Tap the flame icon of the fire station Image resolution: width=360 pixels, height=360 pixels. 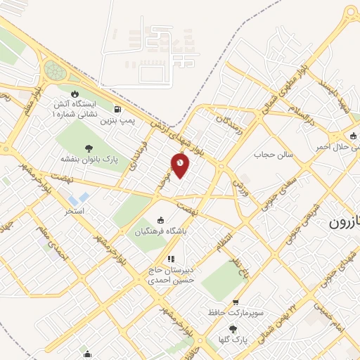(75, 94)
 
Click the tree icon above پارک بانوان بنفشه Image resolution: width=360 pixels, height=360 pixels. (89, 148)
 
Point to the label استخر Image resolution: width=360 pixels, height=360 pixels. (75, 210)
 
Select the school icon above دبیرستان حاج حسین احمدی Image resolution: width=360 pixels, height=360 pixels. (170, 259)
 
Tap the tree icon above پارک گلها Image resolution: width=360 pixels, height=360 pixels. (233, 328)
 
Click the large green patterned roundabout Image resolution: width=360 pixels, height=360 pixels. (55, 70)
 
